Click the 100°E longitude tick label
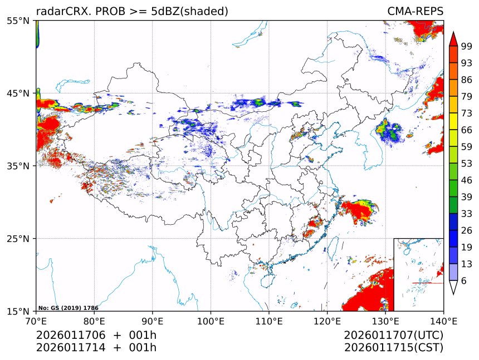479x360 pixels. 211,320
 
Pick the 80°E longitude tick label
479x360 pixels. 94,320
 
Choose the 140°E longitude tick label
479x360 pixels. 443,320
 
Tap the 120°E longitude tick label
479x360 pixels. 327,320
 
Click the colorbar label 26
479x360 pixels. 466,230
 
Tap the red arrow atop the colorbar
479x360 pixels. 453,39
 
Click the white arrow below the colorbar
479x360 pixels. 453,287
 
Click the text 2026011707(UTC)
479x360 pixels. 393,336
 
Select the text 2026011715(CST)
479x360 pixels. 393,348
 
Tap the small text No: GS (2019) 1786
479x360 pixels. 68,308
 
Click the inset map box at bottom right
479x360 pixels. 418,274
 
